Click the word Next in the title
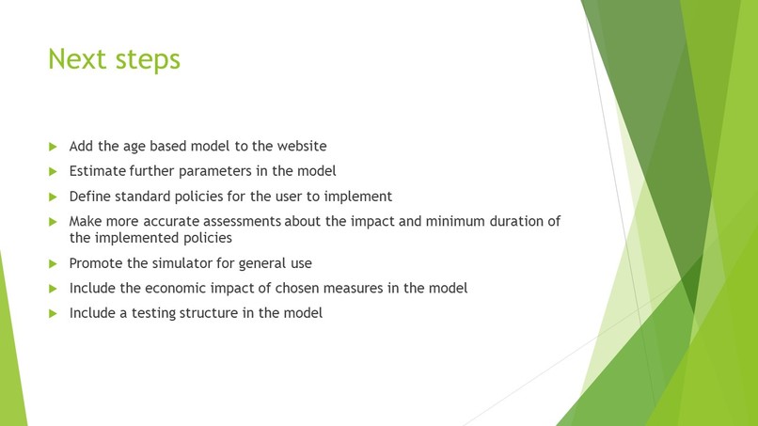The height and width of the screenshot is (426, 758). coord(78,59)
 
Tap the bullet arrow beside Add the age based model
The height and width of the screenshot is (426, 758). coord(53,147)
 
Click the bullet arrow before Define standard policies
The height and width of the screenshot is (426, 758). coord(53,197)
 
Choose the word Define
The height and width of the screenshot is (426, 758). coord(91,197)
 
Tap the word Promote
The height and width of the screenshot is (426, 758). coord(98,263)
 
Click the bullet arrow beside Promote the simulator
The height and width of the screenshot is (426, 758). coord(53,263)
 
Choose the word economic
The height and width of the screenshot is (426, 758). coord(181,288)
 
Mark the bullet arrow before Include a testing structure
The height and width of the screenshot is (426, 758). coord(53,313)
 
